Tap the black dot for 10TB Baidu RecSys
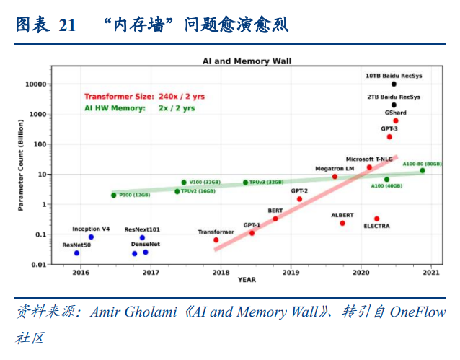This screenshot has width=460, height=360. pos(394,84)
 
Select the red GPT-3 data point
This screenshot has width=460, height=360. pos(389,136)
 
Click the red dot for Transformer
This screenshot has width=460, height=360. pos(216,240)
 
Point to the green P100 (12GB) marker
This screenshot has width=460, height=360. pos(114,195)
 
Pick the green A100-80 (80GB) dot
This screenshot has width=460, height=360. pos(423,170)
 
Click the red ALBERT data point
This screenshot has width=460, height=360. pos(342,223)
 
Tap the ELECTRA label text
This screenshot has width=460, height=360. pos(376,227)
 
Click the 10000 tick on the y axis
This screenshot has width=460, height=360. pos(36,84)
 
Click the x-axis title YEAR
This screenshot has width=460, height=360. pos(247,280)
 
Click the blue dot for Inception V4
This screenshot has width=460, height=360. pos(91,237)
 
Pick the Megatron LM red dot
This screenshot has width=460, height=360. pos(335,177)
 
